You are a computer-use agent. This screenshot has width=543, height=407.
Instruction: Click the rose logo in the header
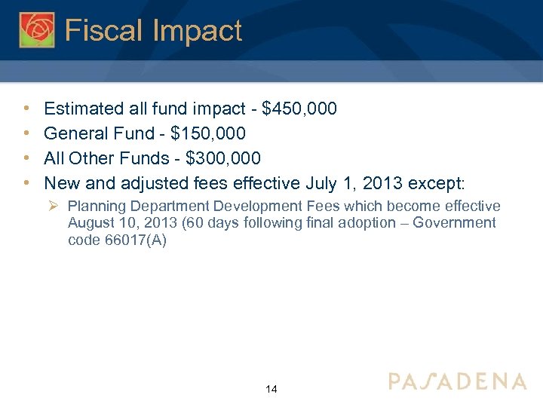point(36,29)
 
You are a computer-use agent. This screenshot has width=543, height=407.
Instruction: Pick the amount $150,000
point(208,133)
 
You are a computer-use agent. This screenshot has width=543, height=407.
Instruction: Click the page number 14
point(271,389)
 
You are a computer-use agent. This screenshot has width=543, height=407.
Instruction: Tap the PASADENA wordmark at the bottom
point(457,381)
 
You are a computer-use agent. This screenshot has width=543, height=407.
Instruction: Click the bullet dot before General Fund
point(26,133)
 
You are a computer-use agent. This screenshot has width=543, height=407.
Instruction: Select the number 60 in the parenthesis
point(187,223)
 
